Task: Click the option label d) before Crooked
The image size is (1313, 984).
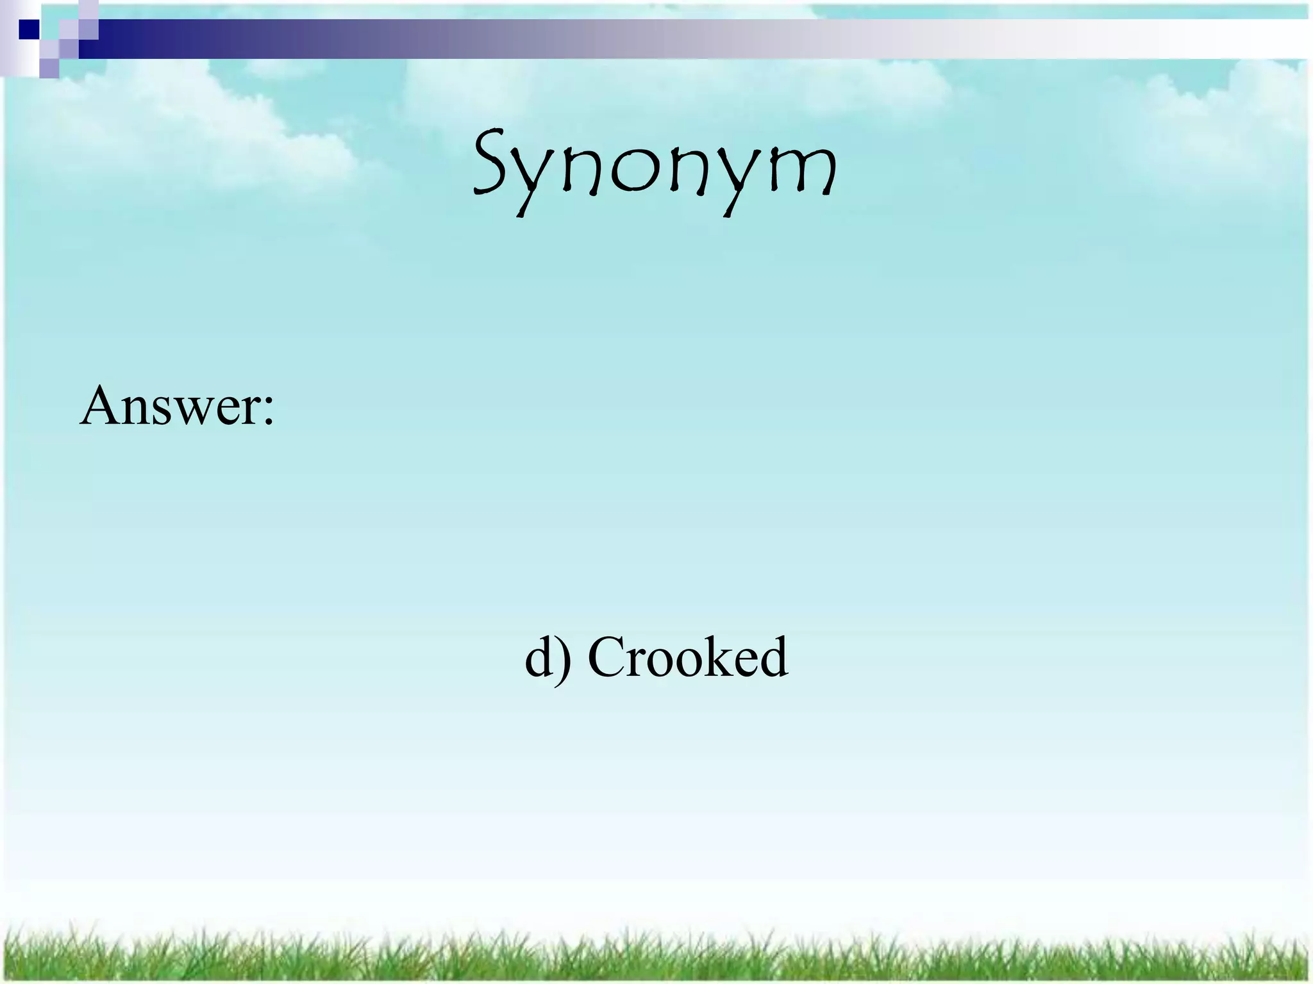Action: coord(547,658)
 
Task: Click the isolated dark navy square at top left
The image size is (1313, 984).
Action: coord(29,29)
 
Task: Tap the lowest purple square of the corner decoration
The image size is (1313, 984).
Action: coord(49,68)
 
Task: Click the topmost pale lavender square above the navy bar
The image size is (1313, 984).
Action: coord(88,9)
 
